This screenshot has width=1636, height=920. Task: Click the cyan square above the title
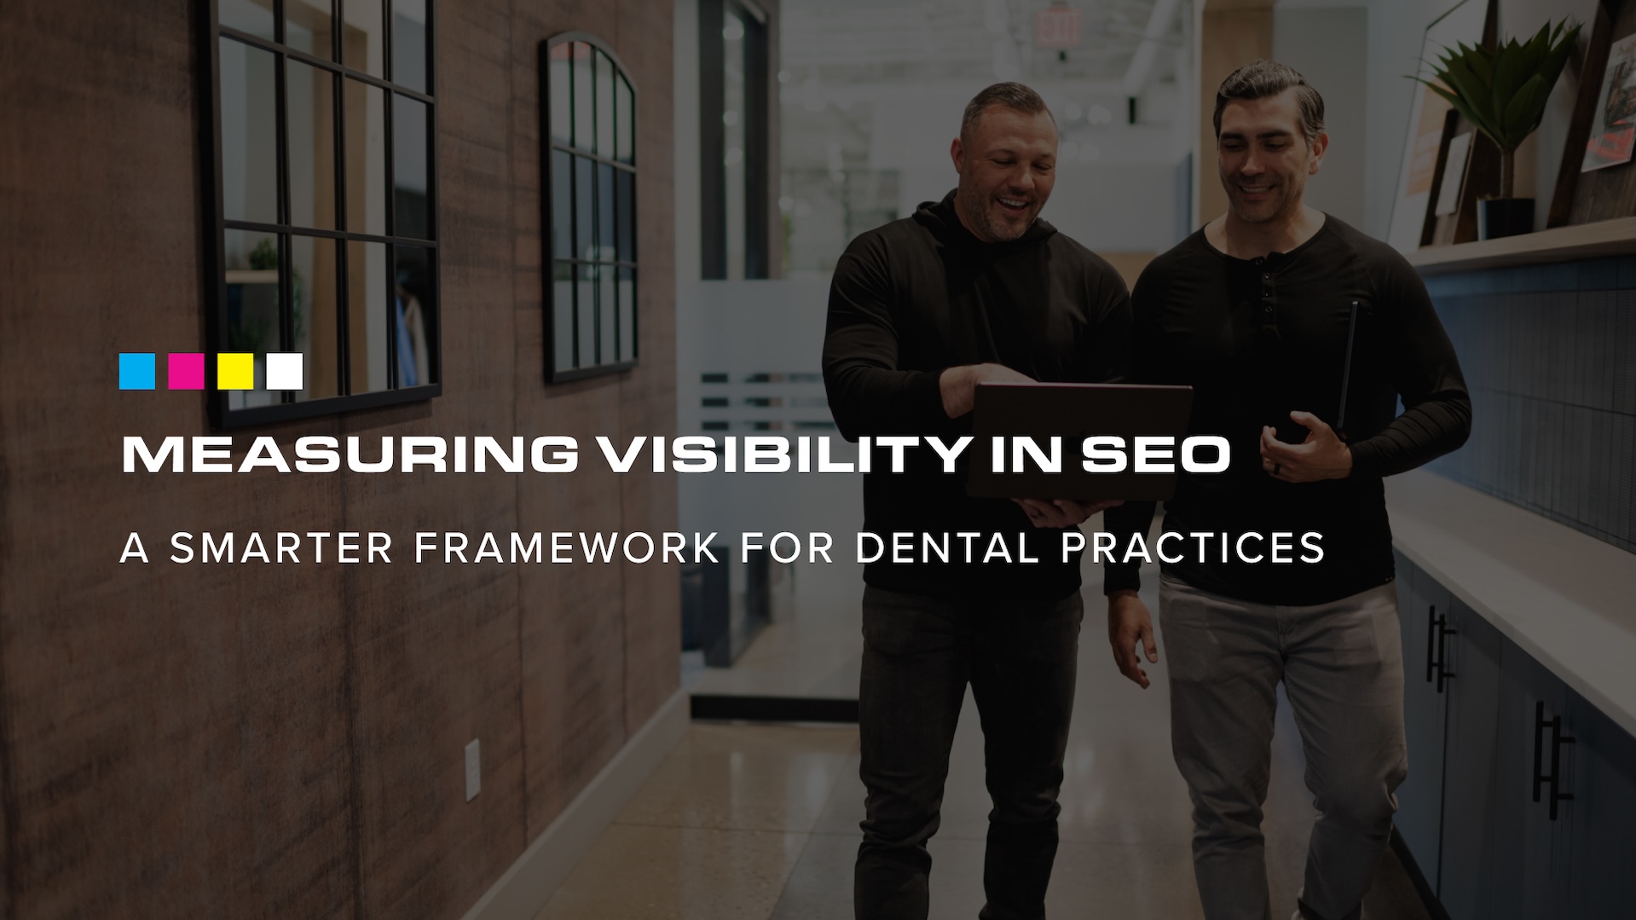[137, 372]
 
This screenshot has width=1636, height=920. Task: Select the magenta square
[186, 372]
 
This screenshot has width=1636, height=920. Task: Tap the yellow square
[235, 372]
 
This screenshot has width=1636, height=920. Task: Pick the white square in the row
[285, 372]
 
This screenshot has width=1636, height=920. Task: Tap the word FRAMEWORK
[567, 548]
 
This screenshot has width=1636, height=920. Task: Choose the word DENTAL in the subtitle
[947, 548]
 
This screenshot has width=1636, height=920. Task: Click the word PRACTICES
[1193, 548]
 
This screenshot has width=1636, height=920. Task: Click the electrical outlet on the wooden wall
[472, 770]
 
